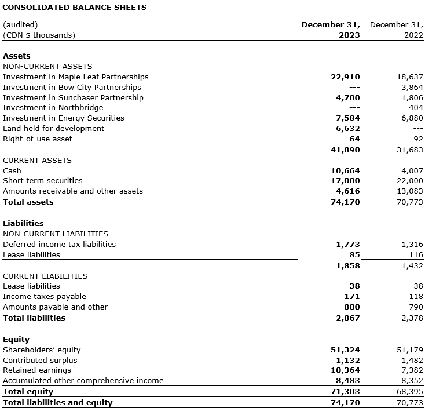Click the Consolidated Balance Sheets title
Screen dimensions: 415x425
(x=75, y=8)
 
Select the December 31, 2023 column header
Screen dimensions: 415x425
(x=331, y=30)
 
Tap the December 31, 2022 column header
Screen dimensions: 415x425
(x=396, y=30)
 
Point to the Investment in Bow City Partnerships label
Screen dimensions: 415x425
(x=72, y=88)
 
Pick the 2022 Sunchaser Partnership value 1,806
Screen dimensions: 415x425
(x=412, y=98)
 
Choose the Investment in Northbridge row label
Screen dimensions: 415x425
(x=53, y=108)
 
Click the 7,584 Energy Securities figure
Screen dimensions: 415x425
(x=348, y=118)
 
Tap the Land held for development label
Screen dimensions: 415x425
(x=54, y=129)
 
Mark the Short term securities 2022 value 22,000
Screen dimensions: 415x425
(x=409, y=181)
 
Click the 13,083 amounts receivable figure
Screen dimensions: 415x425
(x=409, y=191)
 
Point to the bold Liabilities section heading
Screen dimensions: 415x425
(x=23, y=223)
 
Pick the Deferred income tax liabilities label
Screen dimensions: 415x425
(x=59, y=245)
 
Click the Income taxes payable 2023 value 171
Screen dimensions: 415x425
(x=352, y=297)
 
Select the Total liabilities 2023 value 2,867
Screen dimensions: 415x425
(x=348, y=318)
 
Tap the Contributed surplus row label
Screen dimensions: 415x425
(x=40, y=361)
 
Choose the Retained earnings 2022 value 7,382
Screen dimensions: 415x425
(x=412, y=370)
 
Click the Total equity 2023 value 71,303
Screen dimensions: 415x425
(x=346, y=392)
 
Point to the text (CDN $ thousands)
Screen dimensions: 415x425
(x=39, y=35)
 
